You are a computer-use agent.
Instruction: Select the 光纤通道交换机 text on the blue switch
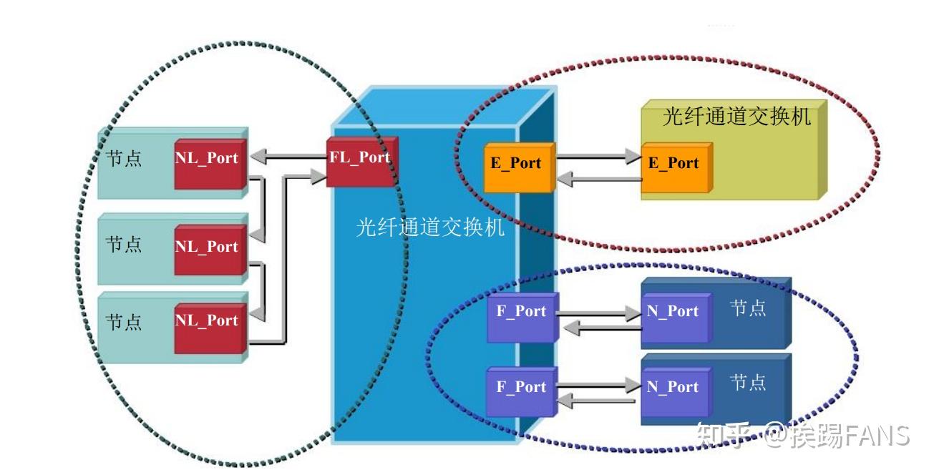(430, 227)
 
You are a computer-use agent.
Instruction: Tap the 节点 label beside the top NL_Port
(124, 158)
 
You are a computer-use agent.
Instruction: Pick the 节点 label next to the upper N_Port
(748, 308)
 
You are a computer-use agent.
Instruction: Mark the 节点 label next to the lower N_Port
(748, 382)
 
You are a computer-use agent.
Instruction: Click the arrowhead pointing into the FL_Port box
(318, 176)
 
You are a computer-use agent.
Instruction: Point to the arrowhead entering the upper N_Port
(632, 313)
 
